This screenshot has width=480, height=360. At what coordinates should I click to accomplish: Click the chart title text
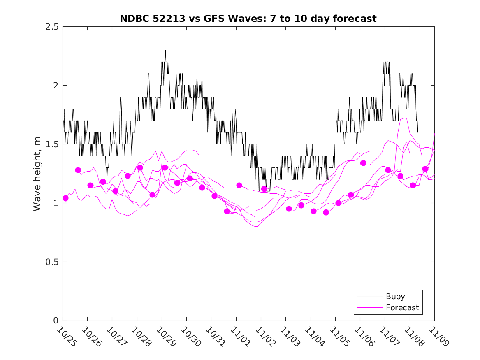(x=248, y=19)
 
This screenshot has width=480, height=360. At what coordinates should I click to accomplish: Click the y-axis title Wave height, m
(x=37, y=173)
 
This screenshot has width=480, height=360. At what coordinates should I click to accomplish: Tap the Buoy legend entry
(x=395, y=296)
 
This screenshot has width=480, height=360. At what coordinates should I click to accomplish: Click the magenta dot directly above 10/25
(x=65, y=198)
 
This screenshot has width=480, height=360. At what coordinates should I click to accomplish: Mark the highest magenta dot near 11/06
(x=363, y=163)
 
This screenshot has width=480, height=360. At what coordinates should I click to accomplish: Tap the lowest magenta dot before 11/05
(x=326, y=212)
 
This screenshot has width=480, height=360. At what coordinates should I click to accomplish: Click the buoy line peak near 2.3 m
(x=165, y=51)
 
